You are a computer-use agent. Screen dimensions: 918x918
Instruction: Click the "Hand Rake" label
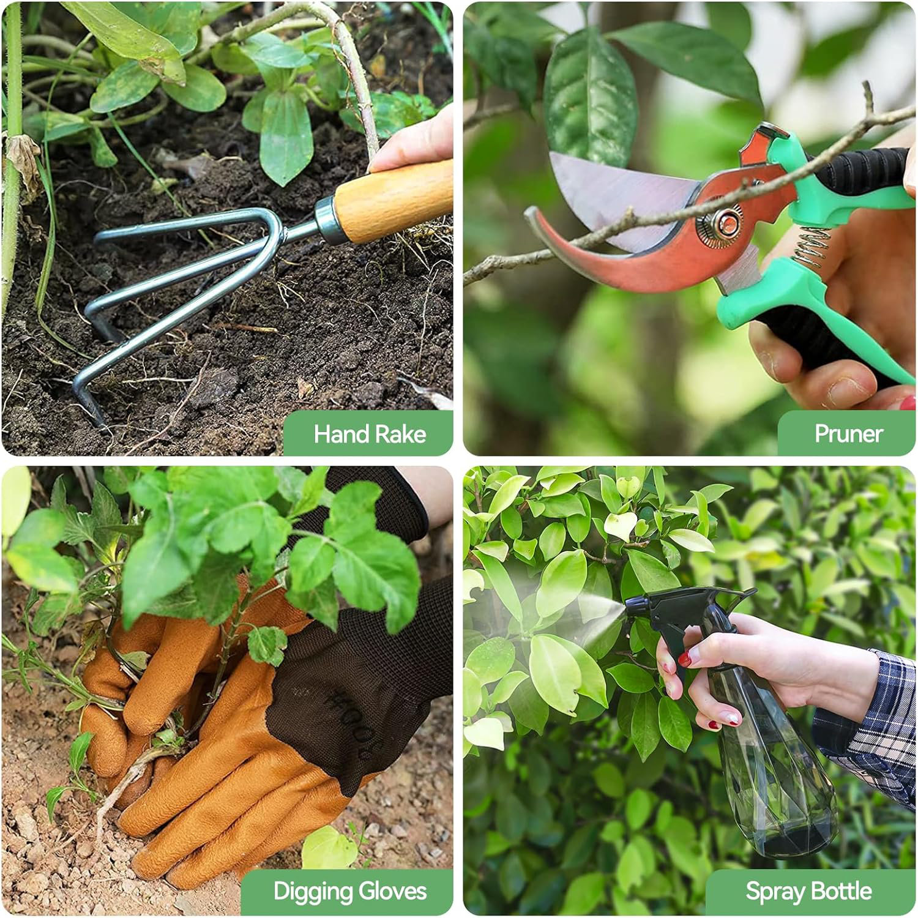369,434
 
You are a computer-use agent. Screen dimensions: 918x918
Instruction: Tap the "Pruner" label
848,434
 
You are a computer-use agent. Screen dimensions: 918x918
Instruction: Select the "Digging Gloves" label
349,891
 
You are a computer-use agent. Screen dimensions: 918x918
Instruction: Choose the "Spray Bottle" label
808,891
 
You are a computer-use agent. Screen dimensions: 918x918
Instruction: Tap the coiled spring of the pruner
813,245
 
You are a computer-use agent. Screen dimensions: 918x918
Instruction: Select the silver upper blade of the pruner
618,190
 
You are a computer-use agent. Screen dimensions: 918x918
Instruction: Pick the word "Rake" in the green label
401,434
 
